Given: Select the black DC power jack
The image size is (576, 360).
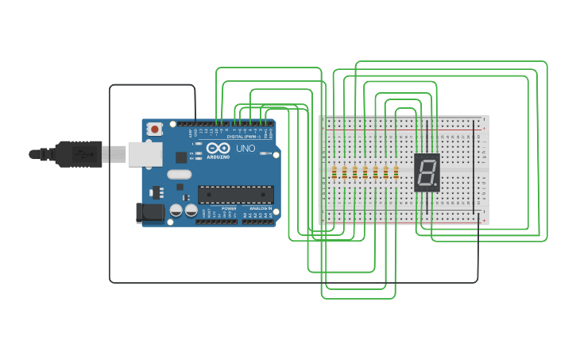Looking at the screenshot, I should tap(150, 212).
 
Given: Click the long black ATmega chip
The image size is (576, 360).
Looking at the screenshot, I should tap(235, 195).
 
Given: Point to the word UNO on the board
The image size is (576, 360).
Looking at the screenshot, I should tap(245, 149).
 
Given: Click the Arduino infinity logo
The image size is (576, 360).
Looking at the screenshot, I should tap(217, 149).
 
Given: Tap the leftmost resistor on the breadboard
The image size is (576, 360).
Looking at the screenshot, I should tap(334, 172).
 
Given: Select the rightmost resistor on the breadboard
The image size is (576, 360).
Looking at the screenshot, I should tap(396, 172).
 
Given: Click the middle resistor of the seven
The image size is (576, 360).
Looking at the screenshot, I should tap(365, 172).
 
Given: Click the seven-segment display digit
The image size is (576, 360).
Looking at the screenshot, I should tap(427, 172).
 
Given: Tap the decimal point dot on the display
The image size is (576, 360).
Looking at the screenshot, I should tap(436, 186).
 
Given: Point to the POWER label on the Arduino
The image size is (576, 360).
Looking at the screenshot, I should tap(228, 208).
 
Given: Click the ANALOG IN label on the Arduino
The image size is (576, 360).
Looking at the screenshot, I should tap(261, 208).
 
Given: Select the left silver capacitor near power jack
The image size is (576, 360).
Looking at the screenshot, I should tap(176, 211).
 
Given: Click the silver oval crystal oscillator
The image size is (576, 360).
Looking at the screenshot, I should tap(180, 174).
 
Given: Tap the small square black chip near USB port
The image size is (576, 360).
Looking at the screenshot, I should tap(181, 157).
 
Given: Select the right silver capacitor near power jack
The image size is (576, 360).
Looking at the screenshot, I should tap(191, 211).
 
